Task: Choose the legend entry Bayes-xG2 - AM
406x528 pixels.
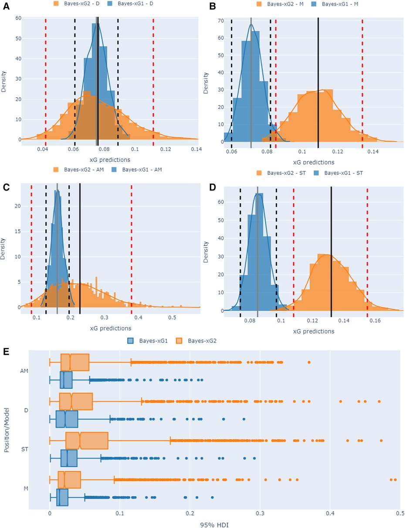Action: coord(71,170)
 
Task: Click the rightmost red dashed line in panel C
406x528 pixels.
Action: coord(132,244)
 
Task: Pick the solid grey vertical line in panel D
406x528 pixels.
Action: coord(257,249)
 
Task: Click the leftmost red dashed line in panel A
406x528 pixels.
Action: coord(46,78)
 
